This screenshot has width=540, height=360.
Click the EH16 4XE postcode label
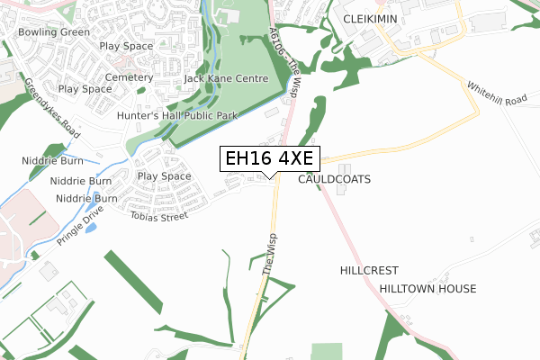[268, 158]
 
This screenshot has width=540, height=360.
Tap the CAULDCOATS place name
[334, 179]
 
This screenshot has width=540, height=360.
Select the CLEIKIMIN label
[370, 18]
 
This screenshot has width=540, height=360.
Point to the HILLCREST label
[369, 270]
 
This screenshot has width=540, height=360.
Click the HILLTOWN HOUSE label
[427, 288]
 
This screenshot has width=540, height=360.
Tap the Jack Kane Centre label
[226, 79]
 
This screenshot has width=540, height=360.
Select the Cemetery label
[129, 77]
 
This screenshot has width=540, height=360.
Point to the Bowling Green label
[55, 32]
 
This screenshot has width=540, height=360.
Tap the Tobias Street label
[158, 216]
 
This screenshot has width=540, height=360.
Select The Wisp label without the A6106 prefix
[268, 256]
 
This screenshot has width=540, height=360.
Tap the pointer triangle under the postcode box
[268, 175]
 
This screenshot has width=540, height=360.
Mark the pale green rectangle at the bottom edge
[328, 351]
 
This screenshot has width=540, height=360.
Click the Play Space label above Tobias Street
[164, 176]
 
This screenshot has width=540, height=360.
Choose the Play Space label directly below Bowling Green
[126, 45]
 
